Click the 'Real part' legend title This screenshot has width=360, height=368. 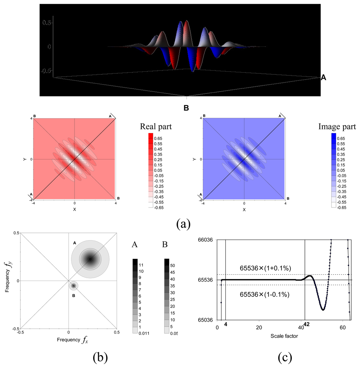(x=156, y=127)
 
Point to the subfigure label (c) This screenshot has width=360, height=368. (x=284, y=357)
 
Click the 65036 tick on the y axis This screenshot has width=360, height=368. (x=207, y=320)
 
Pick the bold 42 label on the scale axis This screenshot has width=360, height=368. (x=306, y=324)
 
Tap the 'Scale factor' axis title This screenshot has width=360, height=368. (x=284, y=336)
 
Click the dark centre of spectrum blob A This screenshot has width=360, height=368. (x=90, y=259)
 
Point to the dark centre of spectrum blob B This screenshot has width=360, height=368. (x=73, y=286)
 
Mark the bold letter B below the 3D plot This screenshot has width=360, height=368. (x=187, y=107)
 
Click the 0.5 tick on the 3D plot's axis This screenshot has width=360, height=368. (x=47, y=22)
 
